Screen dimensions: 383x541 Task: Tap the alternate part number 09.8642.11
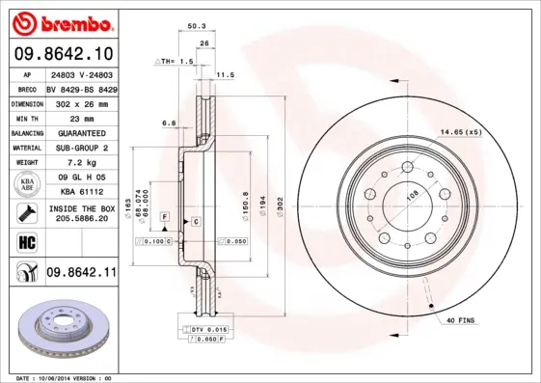pos(80,274)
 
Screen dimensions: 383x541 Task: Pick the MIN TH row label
pos(24,117)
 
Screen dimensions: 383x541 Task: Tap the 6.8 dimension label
pos(168,123)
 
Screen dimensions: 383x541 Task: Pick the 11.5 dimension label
pos(226,74)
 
